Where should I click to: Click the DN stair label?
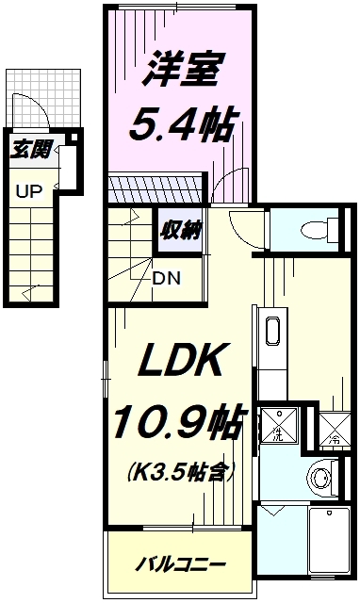click(x=167, y=278)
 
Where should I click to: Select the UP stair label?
click(x=28, y=191)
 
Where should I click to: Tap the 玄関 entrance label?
click(x=26, y=148)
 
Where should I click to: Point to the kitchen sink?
click(x=271, y=333)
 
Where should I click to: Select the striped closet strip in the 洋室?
click(x=155, y=189)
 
